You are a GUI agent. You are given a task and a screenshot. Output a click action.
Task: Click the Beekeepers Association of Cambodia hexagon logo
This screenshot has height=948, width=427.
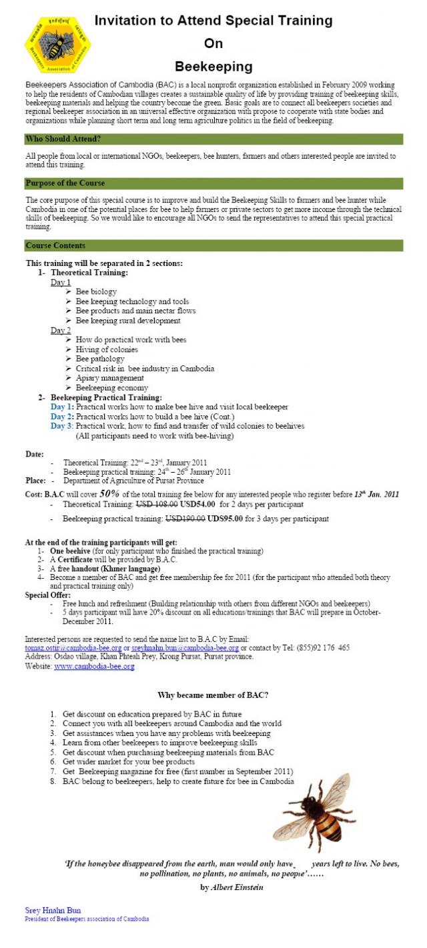coord(57,47)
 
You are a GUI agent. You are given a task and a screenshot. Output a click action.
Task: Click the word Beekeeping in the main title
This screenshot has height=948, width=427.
coord(213,67)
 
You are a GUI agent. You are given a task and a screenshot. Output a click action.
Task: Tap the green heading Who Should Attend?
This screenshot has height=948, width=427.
coord(64,139)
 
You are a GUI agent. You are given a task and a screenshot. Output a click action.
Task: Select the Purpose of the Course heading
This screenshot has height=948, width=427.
coord(65,183)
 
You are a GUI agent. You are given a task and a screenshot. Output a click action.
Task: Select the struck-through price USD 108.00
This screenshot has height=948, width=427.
coord(151,505)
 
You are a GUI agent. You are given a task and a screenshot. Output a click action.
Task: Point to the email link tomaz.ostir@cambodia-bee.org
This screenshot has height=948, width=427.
coord(73,647)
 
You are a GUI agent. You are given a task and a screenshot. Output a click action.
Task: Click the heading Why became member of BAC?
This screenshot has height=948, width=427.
coord(213,695)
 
